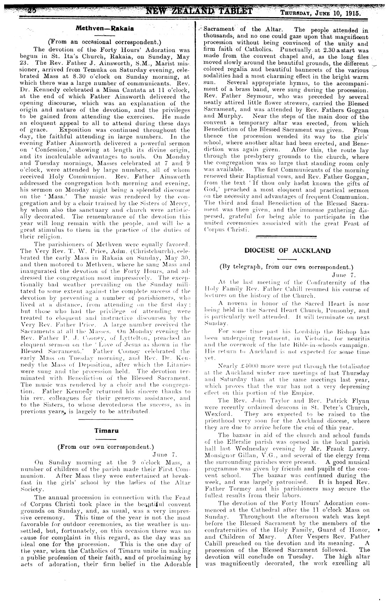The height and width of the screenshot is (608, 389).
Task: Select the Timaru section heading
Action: click(107, 430)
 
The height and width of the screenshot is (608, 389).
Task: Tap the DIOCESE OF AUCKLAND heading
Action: click(287, 251)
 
